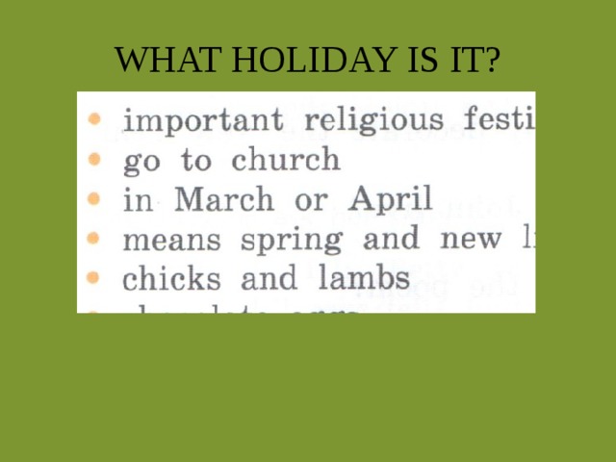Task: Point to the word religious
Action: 374,121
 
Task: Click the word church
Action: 286,160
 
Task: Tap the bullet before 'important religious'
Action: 92,120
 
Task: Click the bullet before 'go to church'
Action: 92,159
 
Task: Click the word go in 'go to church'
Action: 143,162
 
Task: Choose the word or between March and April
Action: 312,201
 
